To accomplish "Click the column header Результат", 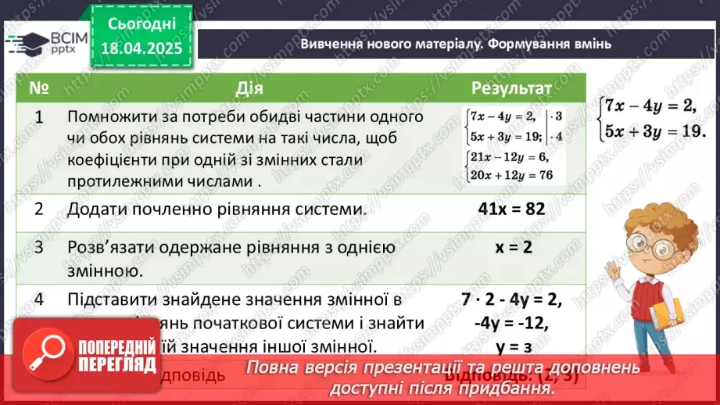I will click(511, 87).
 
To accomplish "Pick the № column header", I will click(39, 87).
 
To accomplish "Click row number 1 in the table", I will click(39, 117).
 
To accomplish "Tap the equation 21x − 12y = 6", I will click(508, 159).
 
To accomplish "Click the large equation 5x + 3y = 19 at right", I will click(647, 131).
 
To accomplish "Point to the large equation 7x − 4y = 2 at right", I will click(647, 105).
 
